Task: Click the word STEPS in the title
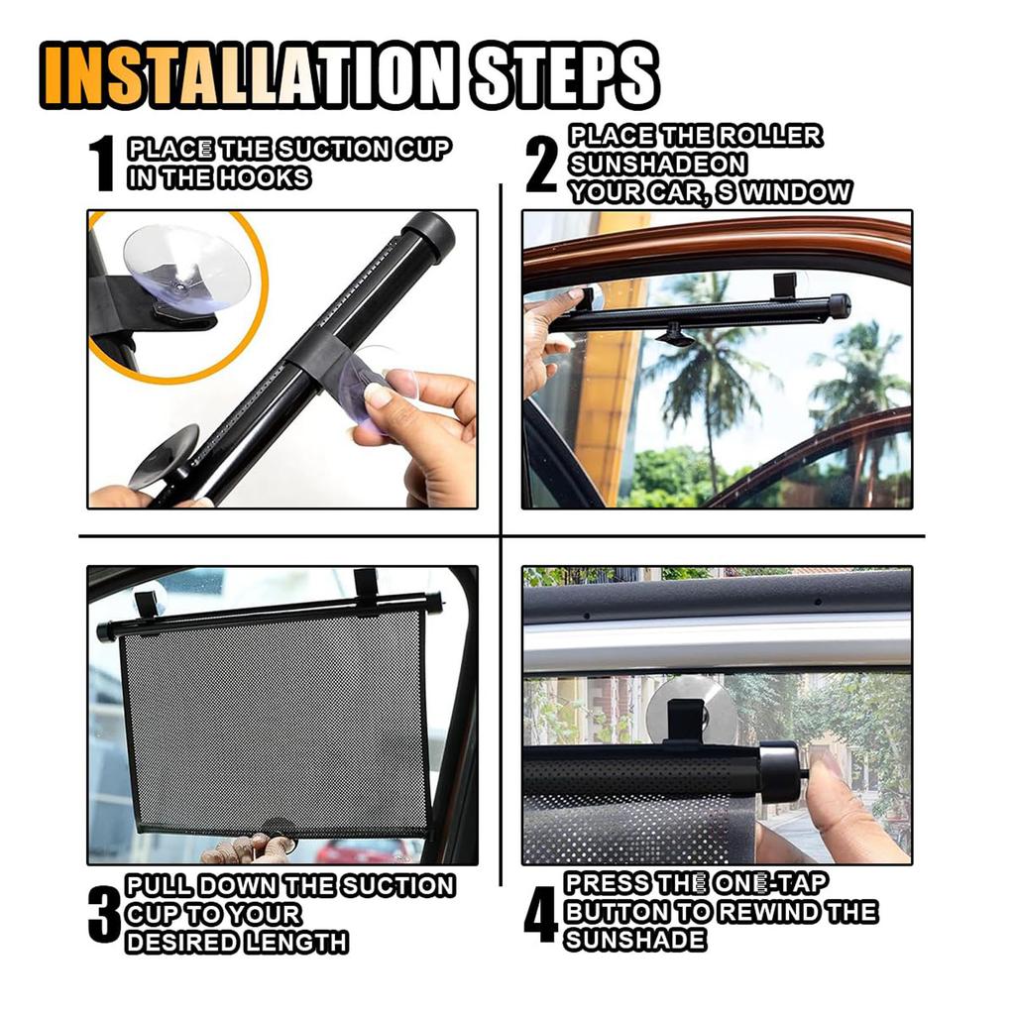[565, 74]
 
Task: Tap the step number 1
[102, 165]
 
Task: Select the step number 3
[104, 914]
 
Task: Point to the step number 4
[540, 914]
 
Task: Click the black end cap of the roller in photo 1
[428, 235]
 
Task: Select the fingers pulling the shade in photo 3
[248, 848]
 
